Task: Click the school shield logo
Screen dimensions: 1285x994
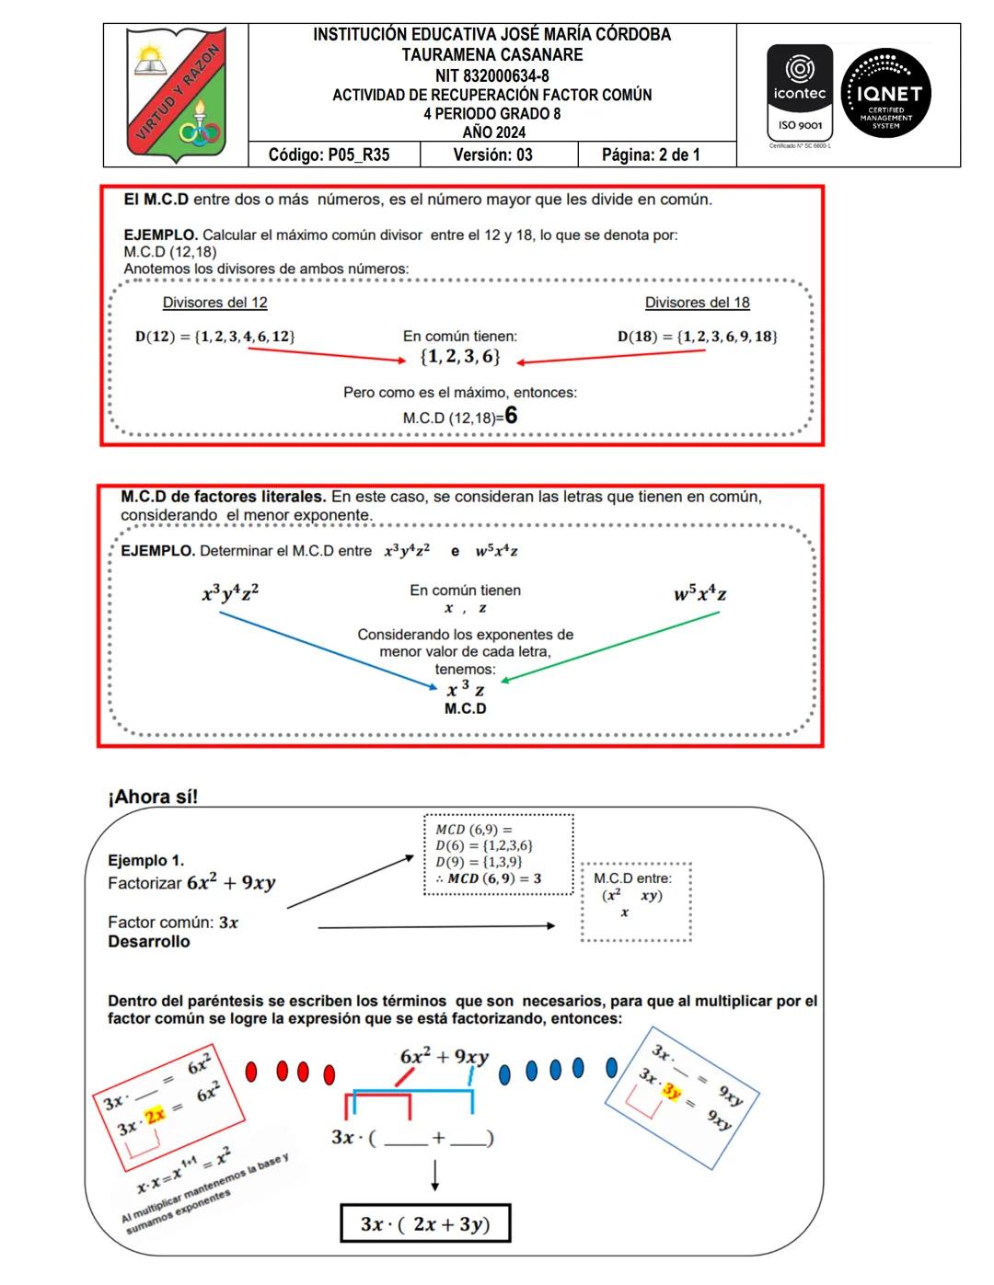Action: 176,95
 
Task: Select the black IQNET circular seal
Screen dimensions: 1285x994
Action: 886,94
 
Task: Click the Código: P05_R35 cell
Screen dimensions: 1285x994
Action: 329,155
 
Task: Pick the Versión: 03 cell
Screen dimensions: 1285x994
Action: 492,155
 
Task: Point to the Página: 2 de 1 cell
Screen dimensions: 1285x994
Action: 651,155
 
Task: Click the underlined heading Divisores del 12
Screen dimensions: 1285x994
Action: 214,303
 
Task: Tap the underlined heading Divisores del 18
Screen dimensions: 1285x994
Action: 697,303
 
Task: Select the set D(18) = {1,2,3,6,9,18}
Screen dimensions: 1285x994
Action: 698,337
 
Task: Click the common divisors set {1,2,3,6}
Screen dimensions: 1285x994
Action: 460,357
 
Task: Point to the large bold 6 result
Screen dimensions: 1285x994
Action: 511,416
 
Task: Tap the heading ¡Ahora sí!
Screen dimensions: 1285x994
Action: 153,797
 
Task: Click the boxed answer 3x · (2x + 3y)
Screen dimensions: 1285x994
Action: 424,1224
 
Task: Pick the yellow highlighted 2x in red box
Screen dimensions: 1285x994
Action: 156,1114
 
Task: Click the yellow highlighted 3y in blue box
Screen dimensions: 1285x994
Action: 672,1092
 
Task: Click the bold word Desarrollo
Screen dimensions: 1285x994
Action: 149,942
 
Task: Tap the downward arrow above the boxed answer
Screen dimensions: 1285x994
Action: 434,1175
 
